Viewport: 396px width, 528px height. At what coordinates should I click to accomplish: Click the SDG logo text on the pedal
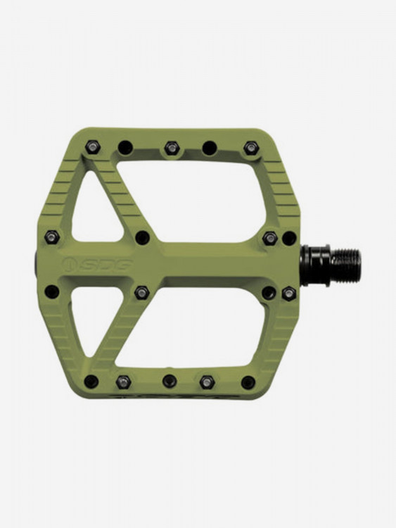tap(106, 264)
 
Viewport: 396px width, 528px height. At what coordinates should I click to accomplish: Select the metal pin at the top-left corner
tap(91, 146)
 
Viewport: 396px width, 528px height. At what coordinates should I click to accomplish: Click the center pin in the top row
tap(172, 147)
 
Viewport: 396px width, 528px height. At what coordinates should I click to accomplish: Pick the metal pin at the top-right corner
tap(250, 147)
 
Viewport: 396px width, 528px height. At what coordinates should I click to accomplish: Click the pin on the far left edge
tap(52, 237)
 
